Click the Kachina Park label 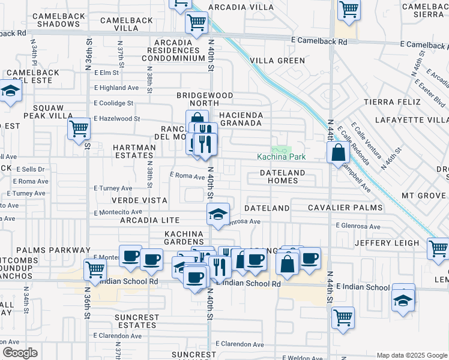[282, 157]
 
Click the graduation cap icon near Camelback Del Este [10, 92]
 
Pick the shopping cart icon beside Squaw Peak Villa [79, 129]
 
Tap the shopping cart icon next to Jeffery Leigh [438, 248]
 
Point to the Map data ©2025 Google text [411, 355]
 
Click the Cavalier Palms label [345, 208]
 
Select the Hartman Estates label [133, 151]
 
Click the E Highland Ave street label [116, 88]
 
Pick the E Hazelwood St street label [116, 119]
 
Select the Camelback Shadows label [58, 20]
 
